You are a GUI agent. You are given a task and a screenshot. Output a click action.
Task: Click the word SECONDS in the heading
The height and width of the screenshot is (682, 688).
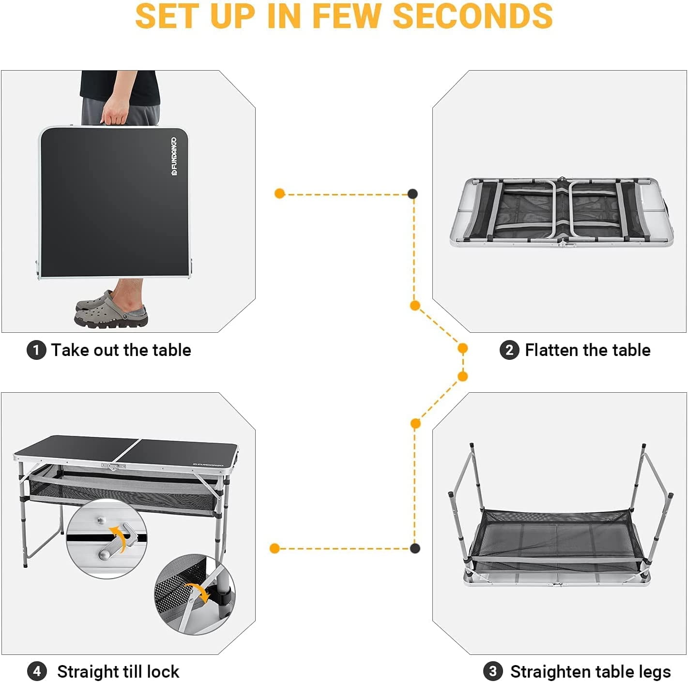[473, 15]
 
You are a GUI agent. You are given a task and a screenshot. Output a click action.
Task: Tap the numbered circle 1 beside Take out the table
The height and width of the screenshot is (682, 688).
[36, 350]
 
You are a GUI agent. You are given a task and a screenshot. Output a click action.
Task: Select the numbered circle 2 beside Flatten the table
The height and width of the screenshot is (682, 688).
[509, 350]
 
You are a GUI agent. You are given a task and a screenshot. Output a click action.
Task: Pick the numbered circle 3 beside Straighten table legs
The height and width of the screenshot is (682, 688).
[493, 671]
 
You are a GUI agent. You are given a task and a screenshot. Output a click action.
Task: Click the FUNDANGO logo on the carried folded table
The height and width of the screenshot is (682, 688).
[174, 157]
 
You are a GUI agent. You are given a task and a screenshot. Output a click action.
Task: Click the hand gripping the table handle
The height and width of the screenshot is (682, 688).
[115, 109]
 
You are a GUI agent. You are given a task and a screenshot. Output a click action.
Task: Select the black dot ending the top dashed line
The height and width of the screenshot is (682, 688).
[413, 193]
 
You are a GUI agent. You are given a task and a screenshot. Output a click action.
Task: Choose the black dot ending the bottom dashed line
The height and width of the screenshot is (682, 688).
[415, 548]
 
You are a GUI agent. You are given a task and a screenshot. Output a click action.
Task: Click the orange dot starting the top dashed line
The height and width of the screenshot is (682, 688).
[279, 193]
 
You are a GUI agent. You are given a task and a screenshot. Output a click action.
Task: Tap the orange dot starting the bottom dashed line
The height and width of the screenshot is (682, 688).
[275, 548]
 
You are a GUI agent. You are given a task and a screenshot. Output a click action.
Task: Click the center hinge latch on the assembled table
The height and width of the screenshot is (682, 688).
[113, 467]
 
